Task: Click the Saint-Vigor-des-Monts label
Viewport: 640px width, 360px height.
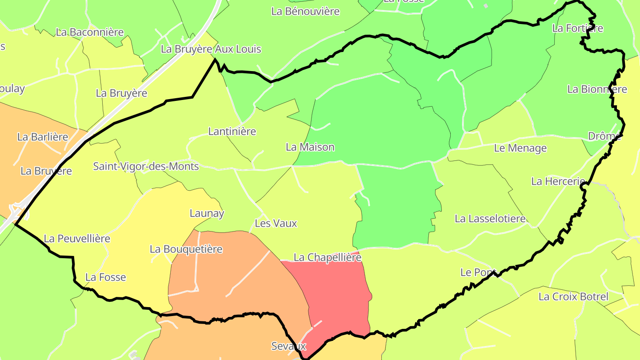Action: click(146, 167)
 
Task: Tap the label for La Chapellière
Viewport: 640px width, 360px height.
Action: click(328, 258)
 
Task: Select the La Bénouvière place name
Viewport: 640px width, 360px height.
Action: click(305, 12)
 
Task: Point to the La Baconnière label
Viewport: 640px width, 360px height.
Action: click(90, 32)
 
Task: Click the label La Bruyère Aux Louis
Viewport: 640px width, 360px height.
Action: click(211, 49)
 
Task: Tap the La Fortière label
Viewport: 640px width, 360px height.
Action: click(577, 28)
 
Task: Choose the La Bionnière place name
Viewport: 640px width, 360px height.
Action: click(597, 89)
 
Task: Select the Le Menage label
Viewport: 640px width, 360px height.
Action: click(520, 148)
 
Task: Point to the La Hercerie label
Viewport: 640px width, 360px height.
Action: click(558, 182)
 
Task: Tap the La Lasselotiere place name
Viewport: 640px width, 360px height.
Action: click(490, 219)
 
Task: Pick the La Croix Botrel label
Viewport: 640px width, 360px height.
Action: click(573, 297)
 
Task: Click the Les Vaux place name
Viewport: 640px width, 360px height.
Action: click(276, 224)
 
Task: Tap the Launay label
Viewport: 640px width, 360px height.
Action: click(207, 214)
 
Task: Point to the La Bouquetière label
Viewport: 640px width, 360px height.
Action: click(186, 249)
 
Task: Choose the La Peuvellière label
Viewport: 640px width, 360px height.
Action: click(77, 239)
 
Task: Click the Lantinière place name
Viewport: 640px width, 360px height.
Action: click(232, 132)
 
